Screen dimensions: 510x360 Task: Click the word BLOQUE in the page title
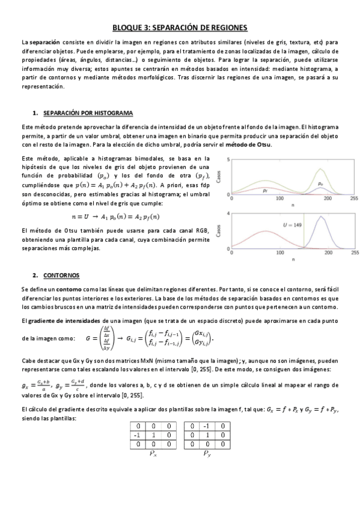click(x=127, y=27)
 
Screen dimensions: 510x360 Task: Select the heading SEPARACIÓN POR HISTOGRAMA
click(x=90, y=113)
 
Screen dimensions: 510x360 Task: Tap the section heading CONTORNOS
click(x=58, y=275)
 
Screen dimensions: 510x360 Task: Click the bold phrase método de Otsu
click(x=249, y=144)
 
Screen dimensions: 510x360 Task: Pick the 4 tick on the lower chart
click(x=227, y=214)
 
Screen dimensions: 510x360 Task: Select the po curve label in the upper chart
click(x=320, y=183)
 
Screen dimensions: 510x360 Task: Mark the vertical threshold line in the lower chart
click(x=304, y=235)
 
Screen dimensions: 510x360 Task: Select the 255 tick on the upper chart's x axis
click(x=353, y=197)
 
